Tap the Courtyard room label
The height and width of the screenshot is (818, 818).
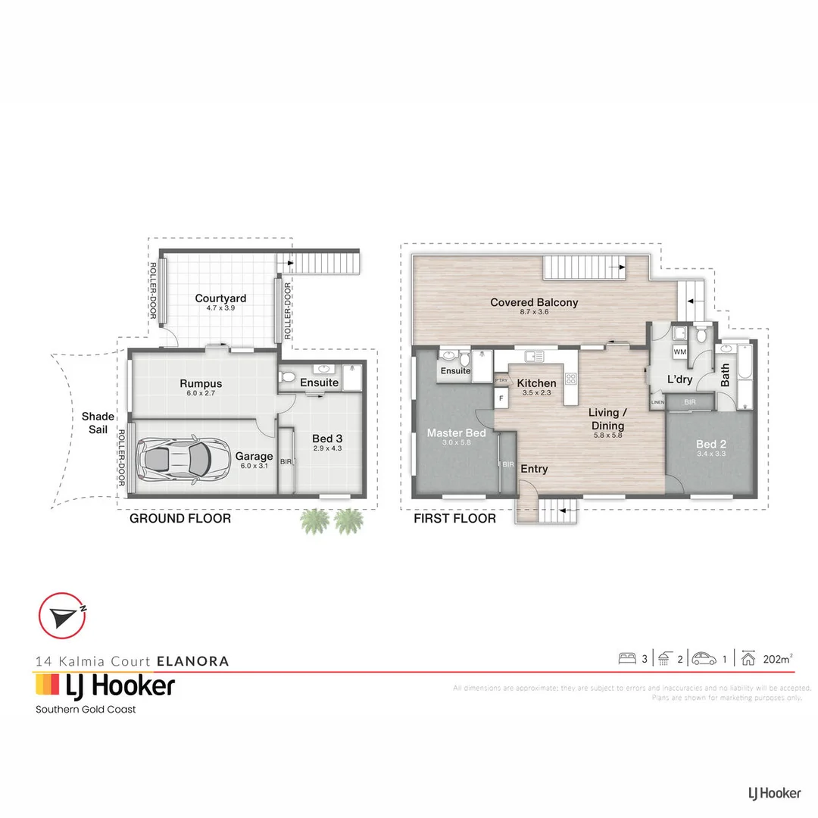click(x=220, y=298)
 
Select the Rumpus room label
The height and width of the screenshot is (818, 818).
click(x=201, y=384)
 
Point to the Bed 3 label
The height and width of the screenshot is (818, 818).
click(x=327, y=438)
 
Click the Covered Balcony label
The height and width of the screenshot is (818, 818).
click(x=534, y=302)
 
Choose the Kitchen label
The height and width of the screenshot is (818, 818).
click(x=537, y=383)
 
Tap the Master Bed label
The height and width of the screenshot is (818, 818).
click(x=456, y=433)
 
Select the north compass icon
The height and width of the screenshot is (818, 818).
click(x=62, y=616)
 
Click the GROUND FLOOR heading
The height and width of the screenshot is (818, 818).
click(x=180, y=519)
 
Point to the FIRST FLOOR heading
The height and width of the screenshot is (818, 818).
click(x=454, y=519)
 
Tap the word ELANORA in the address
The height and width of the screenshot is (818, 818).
click(x=192, y=660)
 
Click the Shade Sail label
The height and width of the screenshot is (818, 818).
click(x=98, y=423)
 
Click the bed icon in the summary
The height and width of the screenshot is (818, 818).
click(x=626, y=659)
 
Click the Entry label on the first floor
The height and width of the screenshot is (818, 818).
click(x=534, y=470)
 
